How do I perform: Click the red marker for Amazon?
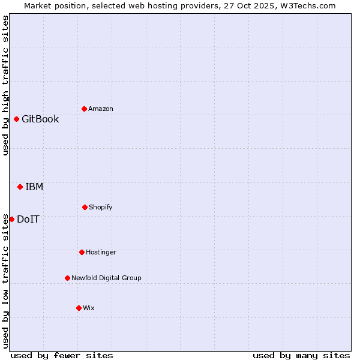tap(84, 109)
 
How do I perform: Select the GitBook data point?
tap(16, 119)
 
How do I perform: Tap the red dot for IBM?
tap(20, 187)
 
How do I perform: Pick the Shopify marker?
tap(85, 207)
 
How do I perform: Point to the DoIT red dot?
tap(11, 219)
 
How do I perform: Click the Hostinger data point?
tap(82, 252)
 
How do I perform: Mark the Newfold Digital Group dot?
tap(67, 278)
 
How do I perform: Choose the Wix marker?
tap(79, 308)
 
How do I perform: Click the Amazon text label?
tap(101, 109)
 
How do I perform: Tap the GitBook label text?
tap(40, 119)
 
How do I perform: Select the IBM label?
tap(34, 187)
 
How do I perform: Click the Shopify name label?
tap(101, 207)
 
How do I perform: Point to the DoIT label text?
tap(28, 219)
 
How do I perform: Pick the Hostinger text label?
tap(101, 252)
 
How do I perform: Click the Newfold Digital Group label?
tap(106, 278)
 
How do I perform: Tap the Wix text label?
tap(89, 308)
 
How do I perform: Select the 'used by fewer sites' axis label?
tap(62, 355)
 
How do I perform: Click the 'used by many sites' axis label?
tap(301, 355)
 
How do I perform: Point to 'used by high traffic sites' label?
tap(5, 85)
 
